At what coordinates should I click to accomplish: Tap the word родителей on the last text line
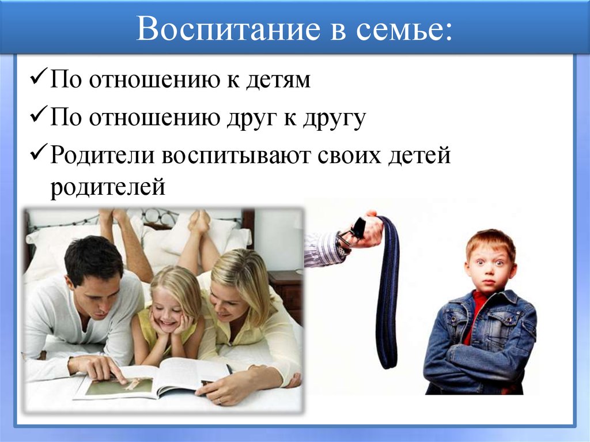pos(108,188)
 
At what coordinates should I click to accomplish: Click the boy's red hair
pos(491,241)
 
